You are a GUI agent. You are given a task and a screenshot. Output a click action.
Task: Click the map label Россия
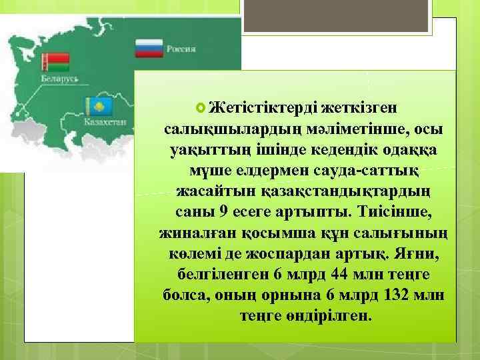pos(181,49)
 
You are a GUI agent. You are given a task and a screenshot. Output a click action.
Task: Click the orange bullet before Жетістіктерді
pos(201,106)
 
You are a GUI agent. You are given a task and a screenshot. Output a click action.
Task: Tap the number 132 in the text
pos(397,295)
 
